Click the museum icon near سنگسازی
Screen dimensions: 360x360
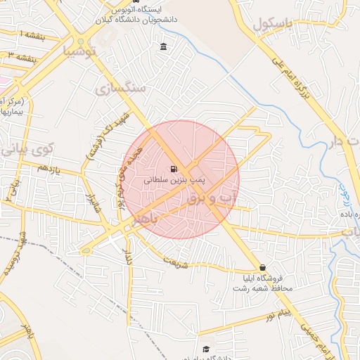tap(164, 47)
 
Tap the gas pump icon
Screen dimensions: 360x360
tap(173, 169)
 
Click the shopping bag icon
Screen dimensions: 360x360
tap(263, 267)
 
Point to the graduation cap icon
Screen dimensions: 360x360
tap(206, 349)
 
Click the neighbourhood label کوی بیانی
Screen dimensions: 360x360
tap(27, 149)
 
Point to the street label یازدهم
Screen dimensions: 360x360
tap(49, 169)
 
